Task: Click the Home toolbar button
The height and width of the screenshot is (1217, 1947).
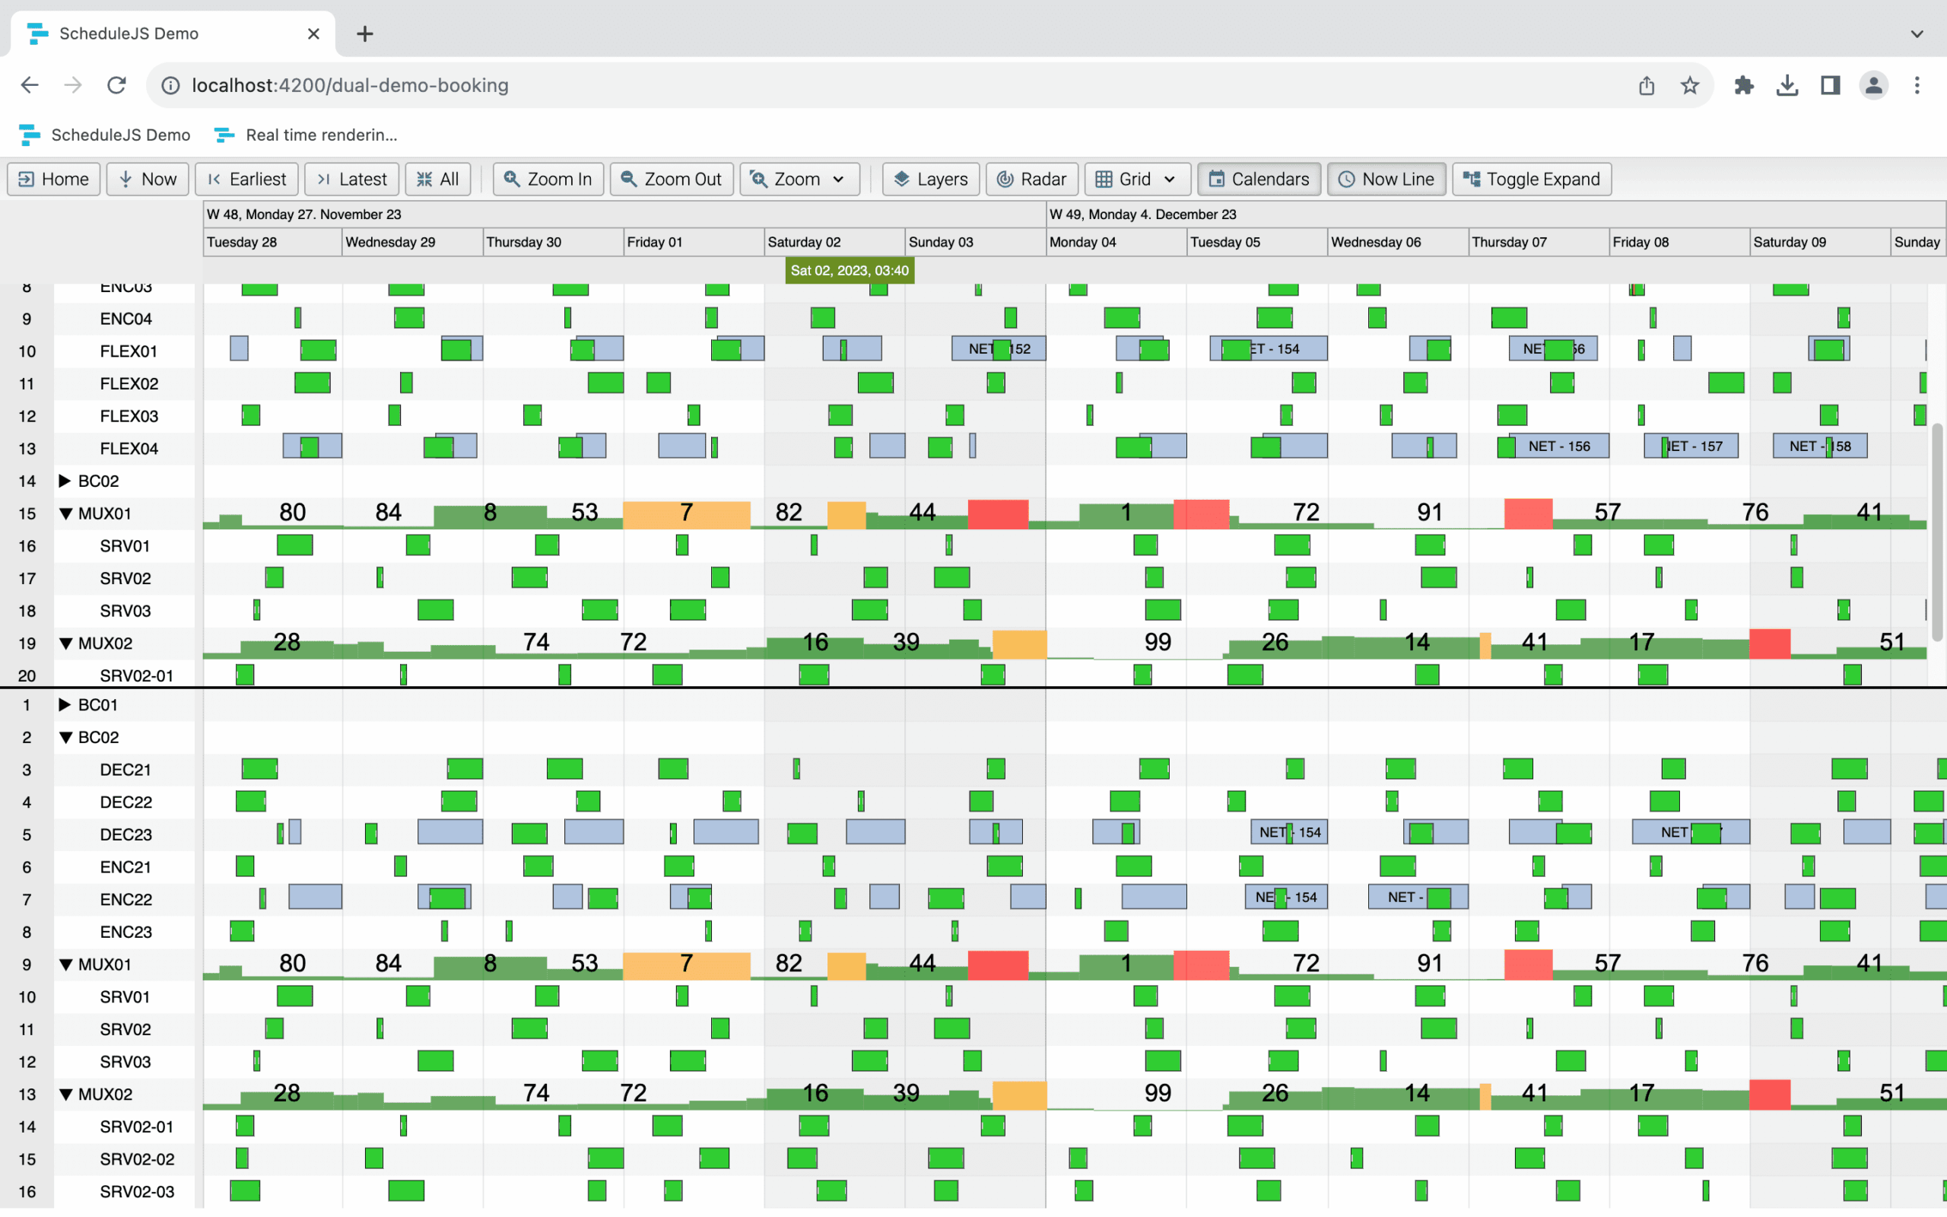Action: [x=54, y=179]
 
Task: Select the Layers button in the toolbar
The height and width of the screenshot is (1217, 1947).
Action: [x=930, y=179]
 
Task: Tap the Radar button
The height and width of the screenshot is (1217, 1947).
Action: [x=1031, y=179]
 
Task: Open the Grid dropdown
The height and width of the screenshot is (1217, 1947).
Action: [x=1136, y=179]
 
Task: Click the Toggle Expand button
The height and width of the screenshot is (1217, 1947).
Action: [x=1531, y=179]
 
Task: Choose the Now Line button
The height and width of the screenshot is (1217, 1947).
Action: [x=1386, y=179]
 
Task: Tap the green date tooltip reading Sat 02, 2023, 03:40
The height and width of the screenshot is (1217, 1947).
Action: [x=849, y=271]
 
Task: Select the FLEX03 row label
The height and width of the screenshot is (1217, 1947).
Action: [x=129, y=416]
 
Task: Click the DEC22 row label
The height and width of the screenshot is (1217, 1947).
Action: [x=125, y=802]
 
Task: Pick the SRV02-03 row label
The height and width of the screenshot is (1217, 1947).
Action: [x=137, y=1191]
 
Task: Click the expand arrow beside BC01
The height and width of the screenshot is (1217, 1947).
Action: [x=65, y=705]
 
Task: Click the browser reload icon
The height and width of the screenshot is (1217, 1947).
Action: [x=116, y=85]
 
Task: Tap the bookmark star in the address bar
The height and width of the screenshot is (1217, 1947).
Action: [x=1689, y=85]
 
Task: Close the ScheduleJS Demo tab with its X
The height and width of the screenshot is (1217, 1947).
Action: [x=314, y=33]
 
